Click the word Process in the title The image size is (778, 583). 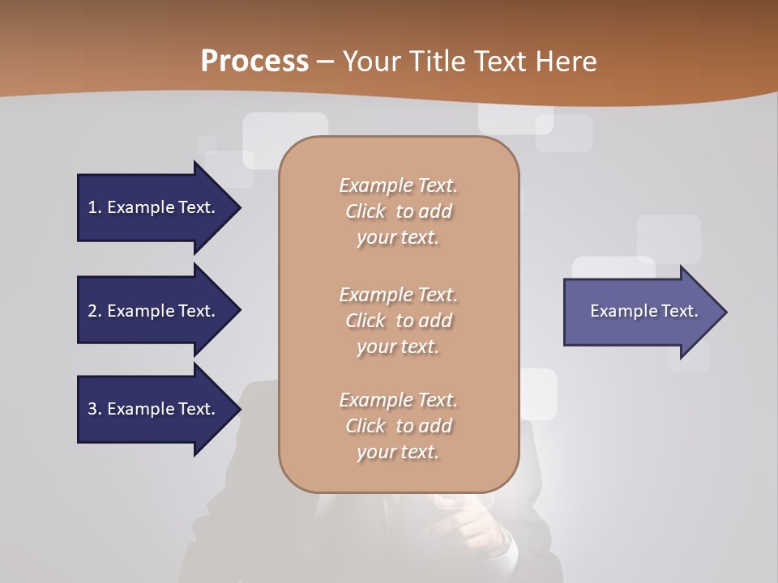[x=254, y=62]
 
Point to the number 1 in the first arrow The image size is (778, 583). [x=92, y=207]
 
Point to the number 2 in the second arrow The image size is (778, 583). [x=92, y=311]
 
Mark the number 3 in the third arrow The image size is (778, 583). [x=92, y=409]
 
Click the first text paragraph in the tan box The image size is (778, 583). [x=398, y=211]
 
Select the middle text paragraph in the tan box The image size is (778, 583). [x=398, y=321]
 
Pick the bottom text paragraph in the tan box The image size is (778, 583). [x=398, y=426]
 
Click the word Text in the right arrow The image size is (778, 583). [x=679, y=311]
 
